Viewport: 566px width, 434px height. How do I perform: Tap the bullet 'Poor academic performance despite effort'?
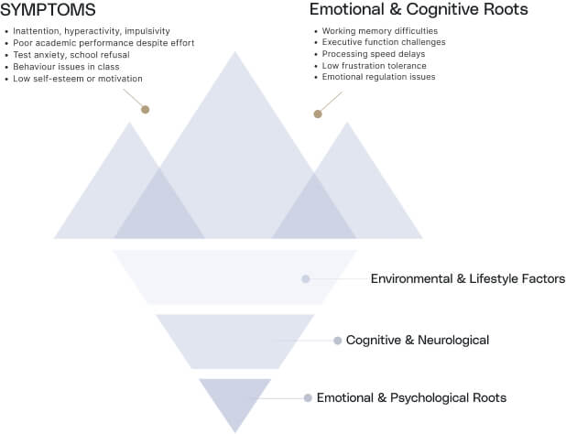(103, 43)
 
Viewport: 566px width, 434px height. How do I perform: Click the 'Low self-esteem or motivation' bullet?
(78, 79)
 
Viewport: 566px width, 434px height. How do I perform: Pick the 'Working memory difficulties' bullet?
(379, 31)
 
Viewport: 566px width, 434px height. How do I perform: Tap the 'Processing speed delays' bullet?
(371, 54)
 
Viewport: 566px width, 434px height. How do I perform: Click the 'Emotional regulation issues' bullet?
(379, 78)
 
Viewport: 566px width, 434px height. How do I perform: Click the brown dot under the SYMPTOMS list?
(145, 109)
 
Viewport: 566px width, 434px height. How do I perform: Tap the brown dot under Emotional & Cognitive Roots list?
(318, 114)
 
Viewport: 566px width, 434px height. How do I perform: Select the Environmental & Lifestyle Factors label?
(467, 278)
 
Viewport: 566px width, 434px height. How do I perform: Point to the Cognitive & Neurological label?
(418, 340)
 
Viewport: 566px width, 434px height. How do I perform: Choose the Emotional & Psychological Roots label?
(411, 397)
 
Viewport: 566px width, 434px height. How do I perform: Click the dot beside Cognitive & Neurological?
(337, 341)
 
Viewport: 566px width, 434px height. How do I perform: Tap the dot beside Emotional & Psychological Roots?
(308, 397)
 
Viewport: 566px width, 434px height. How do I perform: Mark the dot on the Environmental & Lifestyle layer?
(306, 278)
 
